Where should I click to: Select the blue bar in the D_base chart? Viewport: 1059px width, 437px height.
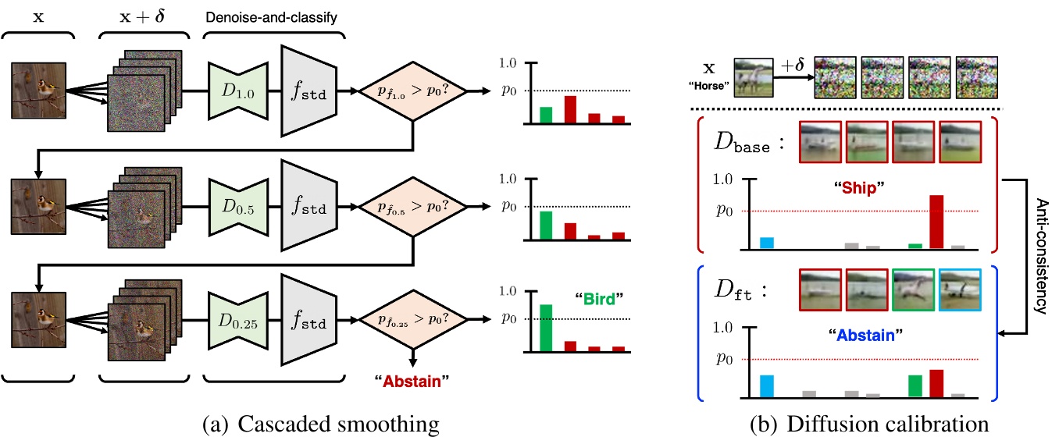point(767,243)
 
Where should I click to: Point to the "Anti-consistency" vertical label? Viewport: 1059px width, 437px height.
point(1040,254)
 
